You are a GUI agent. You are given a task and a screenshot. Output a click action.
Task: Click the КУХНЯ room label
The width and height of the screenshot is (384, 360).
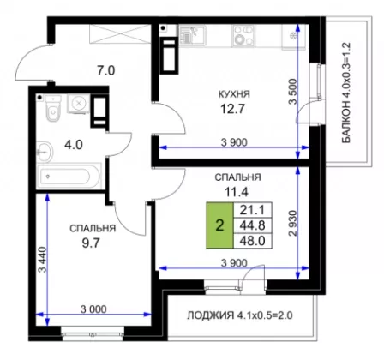tap(234, 94)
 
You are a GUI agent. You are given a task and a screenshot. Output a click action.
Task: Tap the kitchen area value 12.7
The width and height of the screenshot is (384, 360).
tap(233, 109)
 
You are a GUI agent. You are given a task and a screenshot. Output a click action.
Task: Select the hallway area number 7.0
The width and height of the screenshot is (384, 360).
tap(105, 70)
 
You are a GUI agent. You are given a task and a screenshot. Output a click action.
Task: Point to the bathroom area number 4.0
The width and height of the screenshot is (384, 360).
tap(74, 145)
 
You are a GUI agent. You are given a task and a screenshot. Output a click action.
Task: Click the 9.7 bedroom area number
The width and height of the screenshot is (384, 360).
tap(91, 243)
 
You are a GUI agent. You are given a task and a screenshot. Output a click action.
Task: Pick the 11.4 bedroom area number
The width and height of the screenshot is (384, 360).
tap(237, 192)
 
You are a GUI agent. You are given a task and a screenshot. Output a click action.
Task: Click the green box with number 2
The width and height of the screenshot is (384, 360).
tap(219, 225)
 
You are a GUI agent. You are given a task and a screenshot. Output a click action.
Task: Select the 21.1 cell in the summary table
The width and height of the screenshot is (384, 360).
tap(253, 210)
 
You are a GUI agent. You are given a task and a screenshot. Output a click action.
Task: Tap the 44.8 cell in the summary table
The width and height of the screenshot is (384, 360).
tap(253, 225)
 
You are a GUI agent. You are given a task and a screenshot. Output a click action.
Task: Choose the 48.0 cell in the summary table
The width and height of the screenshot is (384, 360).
tap(253, 241)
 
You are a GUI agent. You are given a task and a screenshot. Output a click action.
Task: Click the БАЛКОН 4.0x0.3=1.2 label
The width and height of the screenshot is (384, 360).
tap(346, 93)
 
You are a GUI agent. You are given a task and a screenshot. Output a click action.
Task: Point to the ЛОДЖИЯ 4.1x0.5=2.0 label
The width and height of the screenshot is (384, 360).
tap(240, 315)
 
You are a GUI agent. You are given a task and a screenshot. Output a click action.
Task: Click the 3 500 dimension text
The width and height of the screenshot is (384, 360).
tap(293, 92)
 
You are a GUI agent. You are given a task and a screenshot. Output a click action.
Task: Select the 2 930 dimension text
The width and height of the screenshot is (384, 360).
tap(293, 224)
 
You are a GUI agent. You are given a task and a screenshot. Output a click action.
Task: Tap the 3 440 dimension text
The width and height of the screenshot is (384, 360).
tap(42, 260)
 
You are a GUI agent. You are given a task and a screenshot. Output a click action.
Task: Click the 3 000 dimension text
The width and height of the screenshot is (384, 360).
tap(93, 309)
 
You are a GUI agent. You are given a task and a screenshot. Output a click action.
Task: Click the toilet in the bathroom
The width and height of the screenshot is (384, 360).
tap(53, 109)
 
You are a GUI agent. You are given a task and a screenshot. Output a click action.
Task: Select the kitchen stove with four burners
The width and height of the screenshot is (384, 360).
tap(243, 35)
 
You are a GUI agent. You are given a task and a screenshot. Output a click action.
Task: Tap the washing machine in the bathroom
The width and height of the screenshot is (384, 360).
tap(78, 104)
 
